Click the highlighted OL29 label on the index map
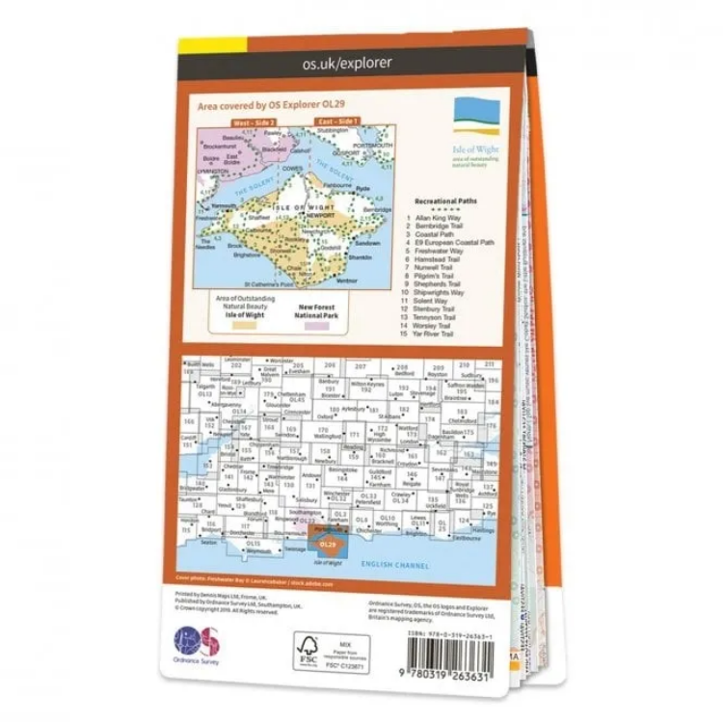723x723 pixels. tap(330, 547)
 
